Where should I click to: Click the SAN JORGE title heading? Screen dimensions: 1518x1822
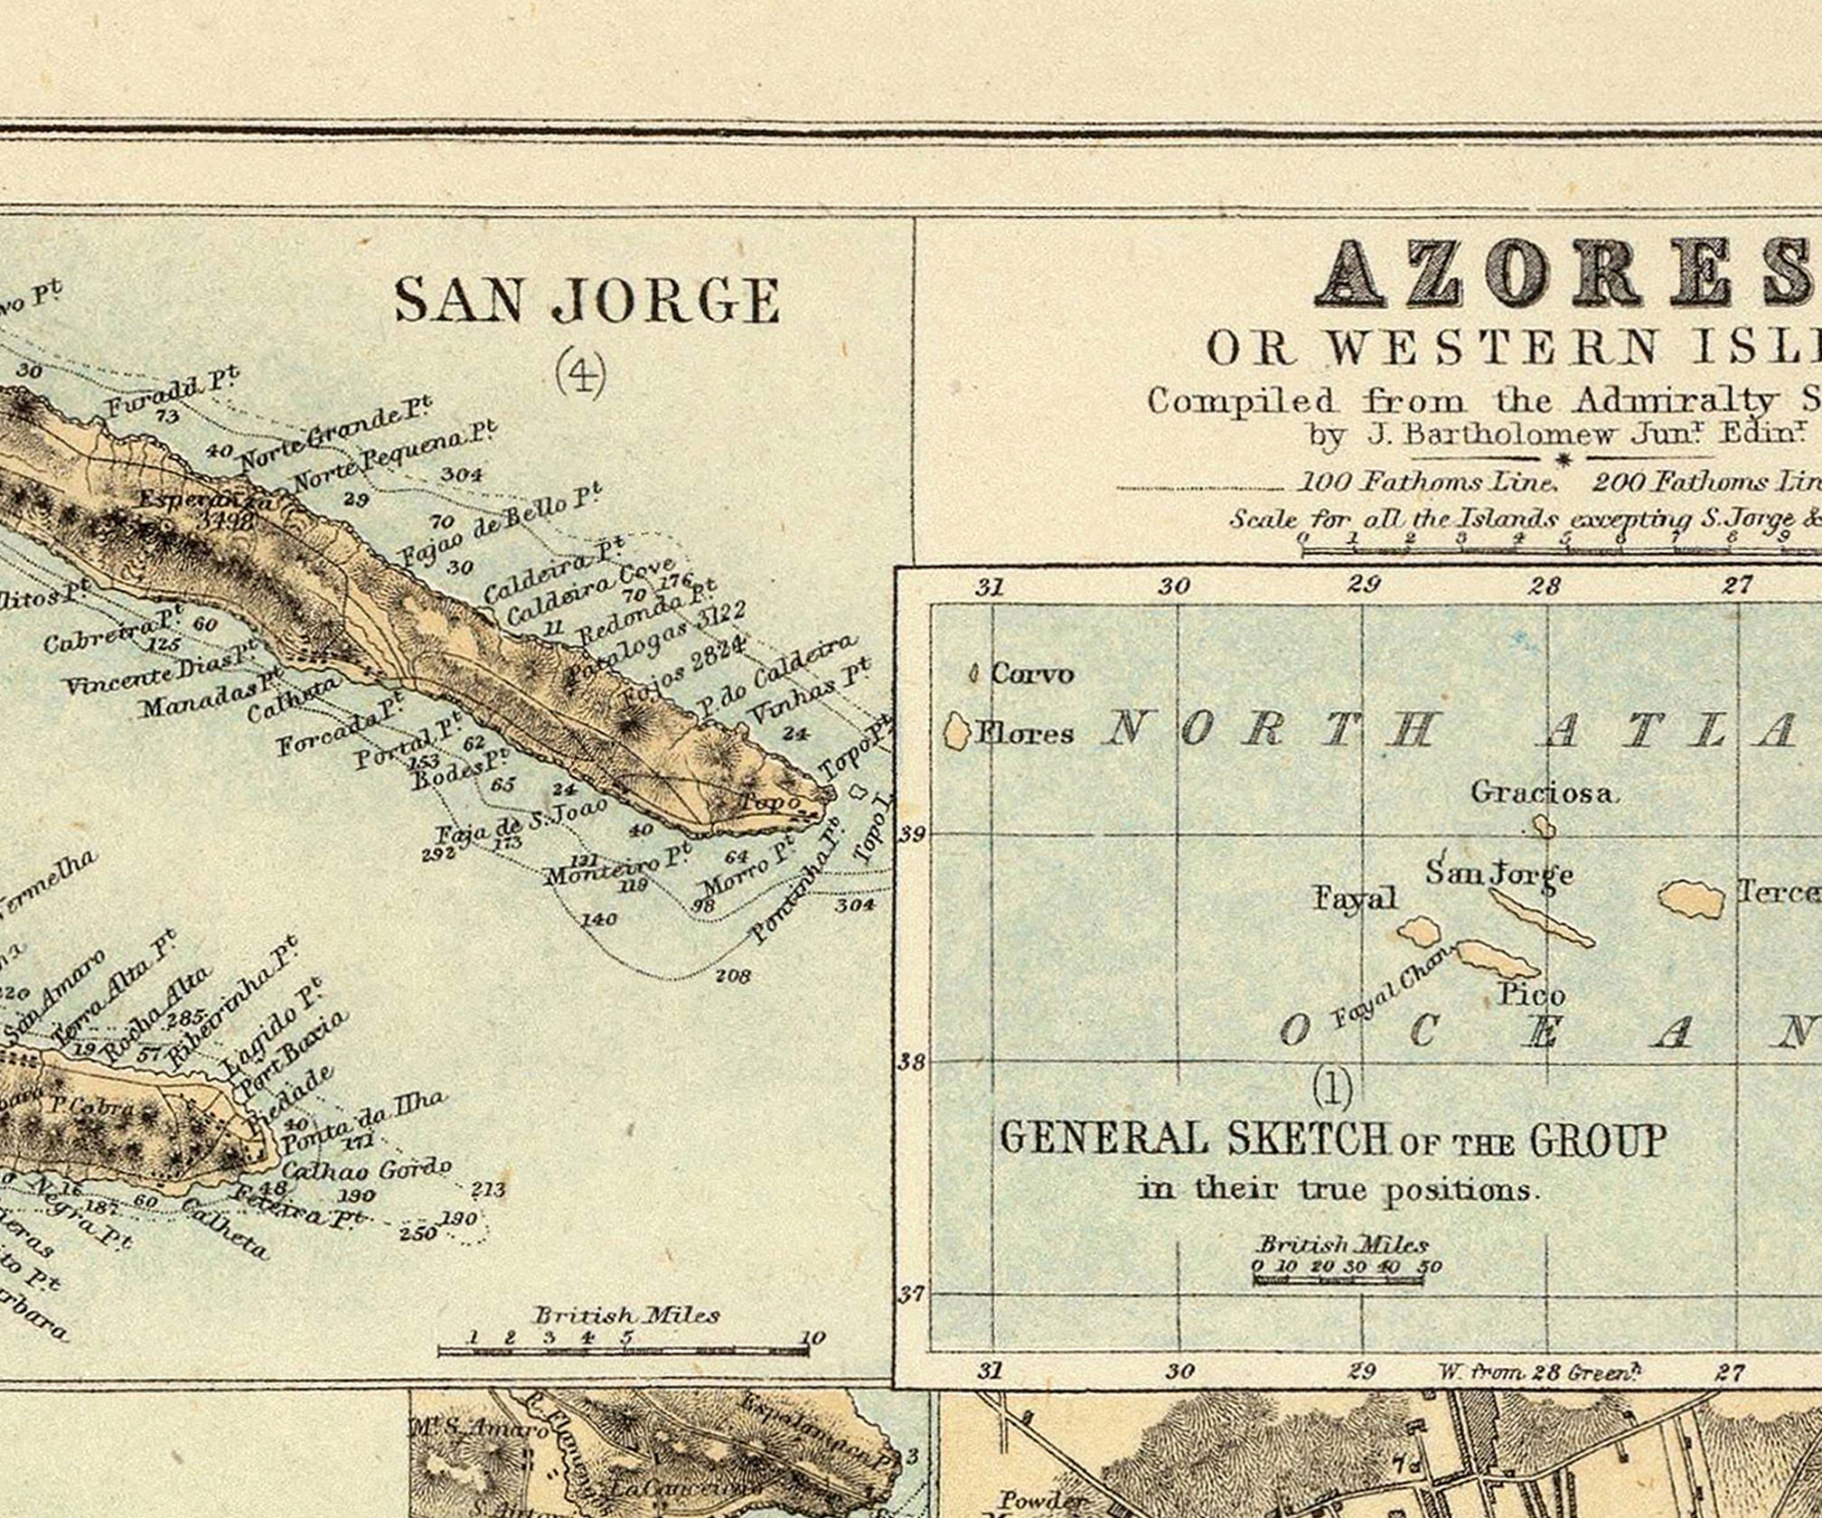587,300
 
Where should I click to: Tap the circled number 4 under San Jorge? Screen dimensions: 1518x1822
579,372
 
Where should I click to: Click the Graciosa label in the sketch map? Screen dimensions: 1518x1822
1541,792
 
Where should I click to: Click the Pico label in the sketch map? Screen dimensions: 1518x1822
1531,996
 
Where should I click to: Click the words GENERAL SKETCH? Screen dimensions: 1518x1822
1193,1139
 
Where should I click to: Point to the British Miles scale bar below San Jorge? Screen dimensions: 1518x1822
624,1351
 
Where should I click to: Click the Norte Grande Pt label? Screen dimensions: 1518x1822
334,437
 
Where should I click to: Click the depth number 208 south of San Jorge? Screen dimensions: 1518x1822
733,976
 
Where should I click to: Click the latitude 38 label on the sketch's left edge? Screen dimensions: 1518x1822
912,1062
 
